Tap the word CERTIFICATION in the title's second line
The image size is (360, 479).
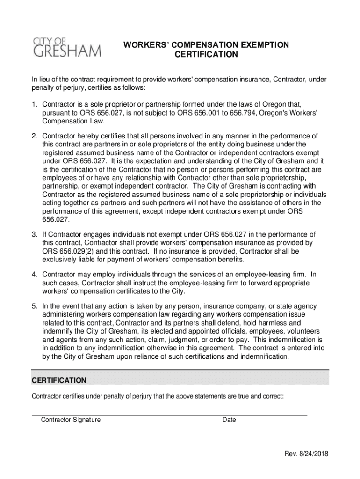point(206,55)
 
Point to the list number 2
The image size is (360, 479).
point(34,136)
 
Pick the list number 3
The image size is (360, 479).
point(34,234)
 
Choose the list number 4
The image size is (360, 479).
point(34,274)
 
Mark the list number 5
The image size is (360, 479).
point(34,306)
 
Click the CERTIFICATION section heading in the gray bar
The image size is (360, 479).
point(59,380)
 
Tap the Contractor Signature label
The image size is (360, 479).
point(71,420)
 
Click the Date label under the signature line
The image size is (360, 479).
point(229,420)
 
